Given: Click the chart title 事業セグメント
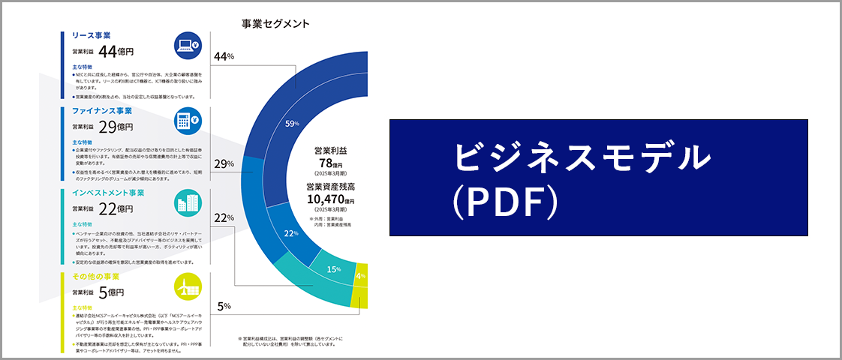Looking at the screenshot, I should click(x=275, y=23).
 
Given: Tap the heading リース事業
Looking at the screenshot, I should click(x=91, y=35).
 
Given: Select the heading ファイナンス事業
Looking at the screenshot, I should click(x=101, y=111).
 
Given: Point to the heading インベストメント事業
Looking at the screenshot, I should click(x=108, y=193).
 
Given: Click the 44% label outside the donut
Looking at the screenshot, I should click(x=224, y=56).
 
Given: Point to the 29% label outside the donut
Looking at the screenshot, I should click(x=224, y=163).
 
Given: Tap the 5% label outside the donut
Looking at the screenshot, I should click(x=224, y=306).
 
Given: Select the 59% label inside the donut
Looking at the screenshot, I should click(x=292, y=123).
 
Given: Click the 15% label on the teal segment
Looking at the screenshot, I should click(x=334, y=268).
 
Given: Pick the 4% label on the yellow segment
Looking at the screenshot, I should click(x=361, y=275).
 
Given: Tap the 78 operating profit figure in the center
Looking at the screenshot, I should click(x=326, y=163).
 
